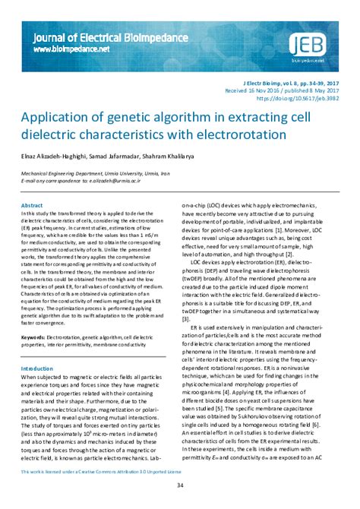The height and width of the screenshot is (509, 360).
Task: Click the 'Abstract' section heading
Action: [x=32, y=206]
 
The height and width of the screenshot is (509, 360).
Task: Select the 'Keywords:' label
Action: [x=36, y=336]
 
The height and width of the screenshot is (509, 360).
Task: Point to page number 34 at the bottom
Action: [x=180, y=485]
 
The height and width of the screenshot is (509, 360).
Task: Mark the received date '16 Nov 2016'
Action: [x=262, y=90]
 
